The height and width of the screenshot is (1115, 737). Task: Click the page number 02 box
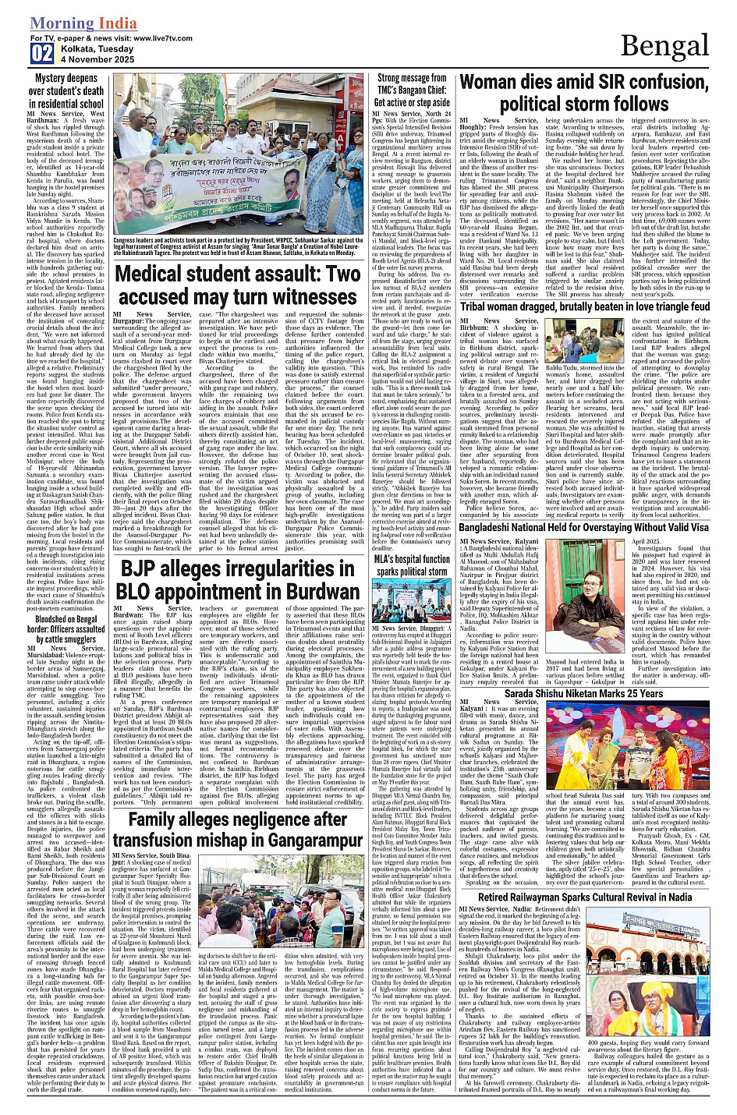[42, 53]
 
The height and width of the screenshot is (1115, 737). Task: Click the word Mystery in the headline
[50, 78]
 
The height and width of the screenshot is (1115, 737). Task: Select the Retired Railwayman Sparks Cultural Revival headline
[585, 897]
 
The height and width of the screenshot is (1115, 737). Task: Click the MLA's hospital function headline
[411, 565]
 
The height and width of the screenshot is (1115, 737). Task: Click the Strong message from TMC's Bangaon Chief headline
[412, 90]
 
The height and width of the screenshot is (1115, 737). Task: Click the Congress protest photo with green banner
[236, 154]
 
